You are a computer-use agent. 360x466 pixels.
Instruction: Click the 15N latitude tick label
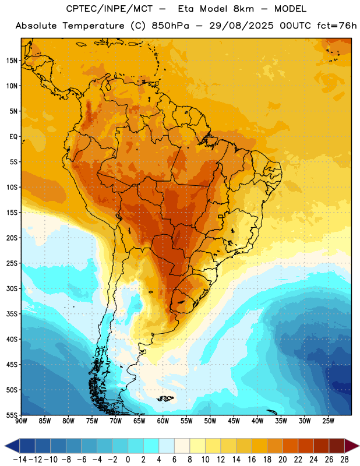coord(12,61)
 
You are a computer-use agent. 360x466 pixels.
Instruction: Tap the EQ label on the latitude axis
coord(13,137)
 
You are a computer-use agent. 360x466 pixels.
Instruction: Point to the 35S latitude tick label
coord(12,314)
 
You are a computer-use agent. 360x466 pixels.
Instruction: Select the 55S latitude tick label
coord(12,415)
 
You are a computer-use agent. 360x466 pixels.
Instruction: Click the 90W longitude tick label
coord(21,421)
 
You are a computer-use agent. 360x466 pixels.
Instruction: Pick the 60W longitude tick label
coord(163,421)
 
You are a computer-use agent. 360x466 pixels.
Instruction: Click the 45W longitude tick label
coord(234,421)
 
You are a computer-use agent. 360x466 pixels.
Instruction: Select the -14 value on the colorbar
coord(20,460)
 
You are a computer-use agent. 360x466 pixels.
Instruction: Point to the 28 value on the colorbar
coord(344,460)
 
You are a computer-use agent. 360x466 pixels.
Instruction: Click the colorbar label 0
coord(128,460)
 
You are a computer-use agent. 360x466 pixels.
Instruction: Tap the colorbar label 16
coord(252,460)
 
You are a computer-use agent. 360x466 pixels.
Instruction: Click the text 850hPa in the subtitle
coord(170,26)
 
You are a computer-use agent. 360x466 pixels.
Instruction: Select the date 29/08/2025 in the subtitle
coord(241,26)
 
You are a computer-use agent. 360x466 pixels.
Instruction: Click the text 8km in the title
coord(243,9)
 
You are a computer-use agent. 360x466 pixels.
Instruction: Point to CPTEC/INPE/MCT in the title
coord(109,9)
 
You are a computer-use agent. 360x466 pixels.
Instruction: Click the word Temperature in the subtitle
coord(93,26)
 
